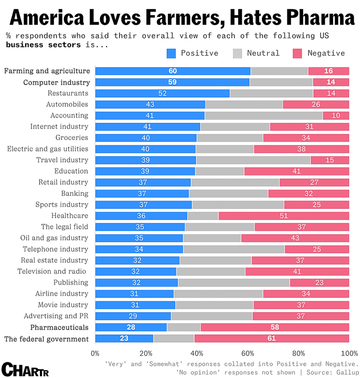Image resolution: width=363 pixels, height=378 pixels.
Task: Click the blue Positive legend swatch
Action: coord(171,54)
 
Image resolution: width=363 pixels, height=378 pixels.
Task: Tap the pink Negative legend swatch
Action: coord(297,54)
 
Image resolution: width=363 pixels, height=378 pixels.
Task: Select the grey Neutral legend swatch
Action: coord(237,54)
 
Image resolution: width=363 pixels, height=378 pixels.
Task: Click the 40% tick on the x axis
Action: coord(197,353)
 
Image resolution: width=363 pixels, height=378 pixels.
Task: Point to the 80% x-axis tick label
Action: coord(298,353)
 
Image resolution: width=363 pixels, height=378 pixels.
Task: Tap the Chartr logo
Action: coord(25,369)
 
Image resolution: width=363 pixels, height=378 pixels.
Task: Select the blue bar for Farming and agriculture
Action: coord(173,71)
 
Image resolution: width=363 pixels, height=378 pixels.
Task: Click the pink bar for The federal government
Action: coord(272,338)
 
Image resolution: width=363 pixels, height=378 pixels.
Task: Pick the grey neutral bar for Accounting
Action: coord(264,115)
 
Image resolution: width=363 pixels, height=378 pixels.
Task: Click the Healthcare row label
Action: coord(70,216)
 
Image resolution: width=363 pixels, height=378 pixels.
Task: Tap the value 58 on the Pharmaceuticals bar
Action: coord(275,327)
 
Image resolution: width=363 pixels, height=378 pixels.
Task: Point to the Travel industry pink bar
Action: coord(330,160)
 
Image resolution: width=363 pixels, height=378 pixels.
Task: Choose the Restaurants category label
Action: coord(68,93)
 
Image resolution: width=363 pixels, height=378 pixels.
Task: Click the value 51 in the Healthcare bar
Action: coord(284,216)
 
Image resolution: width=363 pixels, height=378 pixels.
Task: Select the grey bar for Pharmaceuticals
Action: coord(184,327)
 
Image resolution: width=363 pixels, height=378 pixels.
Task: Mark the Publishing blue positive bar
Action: coord(136,282)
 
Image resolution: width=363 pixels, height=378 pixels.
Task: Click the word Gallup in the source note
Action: coord(348,372)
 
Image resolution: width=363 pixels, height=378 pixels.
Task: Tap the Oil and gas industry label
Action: coord(54,238)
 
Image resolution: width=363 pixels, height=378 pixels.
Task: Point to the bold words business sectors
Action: coord(44,45)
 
